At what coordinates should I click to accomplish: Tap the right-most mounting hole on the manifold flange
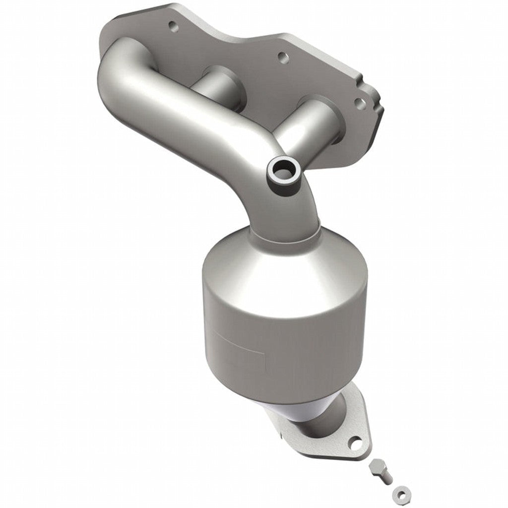coord(358,103)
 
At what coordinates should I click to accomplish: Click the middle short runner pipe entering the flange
coord(213,82)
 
